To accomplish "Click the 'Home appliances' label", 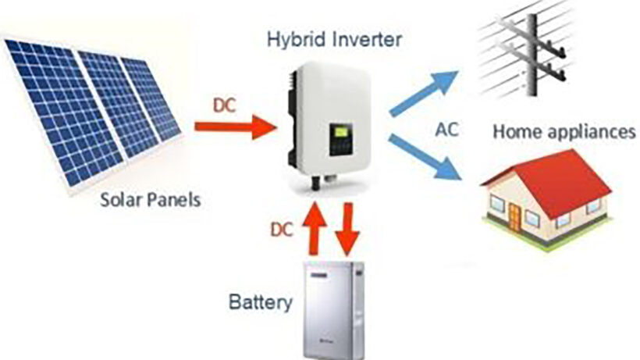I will click(x=564, y=131).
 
